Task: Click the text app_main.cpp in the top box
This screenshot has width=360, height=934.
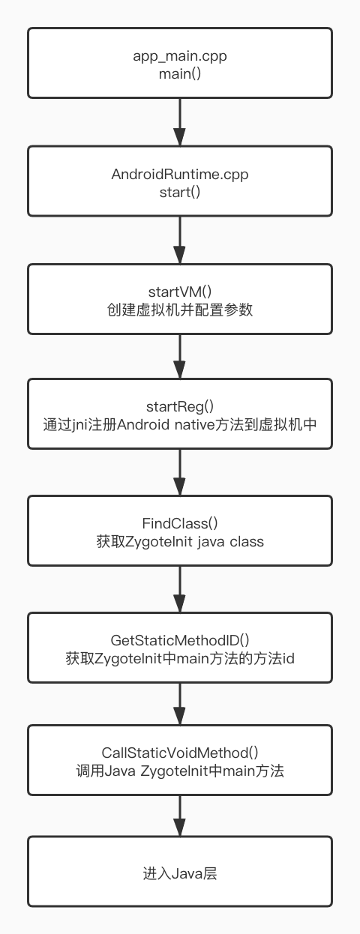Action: point(180,56)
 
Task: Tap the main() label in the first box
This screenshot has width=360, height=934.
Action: point(180,73)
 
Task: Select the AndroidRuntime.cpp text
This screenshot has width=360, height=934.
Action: point(180,175)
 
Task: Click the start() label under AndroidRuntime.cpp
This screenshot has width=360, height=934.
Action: point(180,192)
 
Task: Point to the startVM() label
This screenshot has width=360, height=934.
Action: point(180,292)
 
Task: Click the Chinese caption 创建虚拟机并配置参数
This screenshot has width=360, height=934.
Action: point(180,310)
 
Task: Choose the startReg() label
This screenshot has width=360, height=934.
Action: point(180,406)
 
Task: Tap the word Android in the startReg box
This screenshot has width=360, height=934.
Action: point(143,424)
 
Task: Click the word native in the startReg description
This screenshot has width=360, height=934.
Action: point(194,425)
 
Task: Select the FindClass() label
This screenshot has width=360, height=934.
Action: point(180,523)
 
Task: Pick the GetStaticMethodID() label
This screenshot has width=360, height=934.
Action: point(180,640)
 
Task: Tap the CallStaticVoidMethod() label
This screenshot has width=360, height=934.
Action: point(180,753)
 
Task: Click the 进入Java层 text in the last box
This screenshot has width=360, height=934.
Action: point(180,873)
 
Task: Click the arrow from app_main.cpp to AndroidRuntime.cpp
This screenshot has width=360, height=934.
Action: point(180,122)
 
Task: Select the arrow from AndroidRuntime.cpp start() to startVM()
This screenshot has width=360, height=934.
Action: point(180,240)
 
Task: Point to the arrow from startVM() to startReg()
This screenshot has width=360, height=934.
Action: point(180,357)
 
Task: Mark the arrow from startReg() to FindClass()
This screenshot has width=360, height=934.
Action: point(180,472)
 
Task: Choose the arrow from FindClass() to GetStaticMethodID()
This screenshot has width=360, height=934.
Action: point(180,589)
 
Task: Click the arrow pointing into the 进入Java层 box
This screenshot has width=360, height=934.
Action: point(180,816)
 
